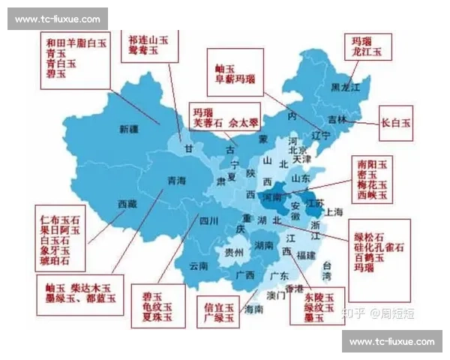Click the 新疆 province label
point(129,129)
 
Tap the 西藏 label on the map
point(127,203)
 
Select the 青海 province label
point(175,180)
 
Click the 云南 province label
point(199,265)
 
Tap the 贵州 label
point(234,253)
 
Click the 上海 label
point(334,211)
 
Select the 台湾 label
point(328,271)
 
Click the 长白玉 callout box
point(397,122)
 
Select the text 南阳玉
point(372,163)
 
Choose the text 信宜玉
point(219,306)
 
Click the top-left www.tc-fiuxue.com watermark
point(57,18)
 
